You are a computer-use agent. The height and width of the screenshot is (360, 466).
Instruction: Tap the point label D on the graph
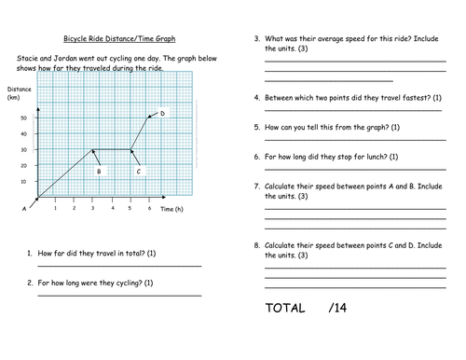click(x=162, y=114)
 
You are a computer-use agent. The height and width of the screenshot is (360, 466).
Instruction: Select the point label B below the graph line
click(x=98, y=172)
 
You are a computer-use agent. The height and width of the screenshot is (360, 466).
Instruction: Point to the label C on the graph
click(x=138, y=172)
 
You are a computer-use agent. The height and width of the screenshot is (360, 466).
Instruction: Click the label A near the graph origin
click(x=24, y=210)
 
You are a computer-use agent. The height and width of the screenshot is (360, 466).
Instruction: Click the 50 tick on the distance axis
click(x=23, y=118)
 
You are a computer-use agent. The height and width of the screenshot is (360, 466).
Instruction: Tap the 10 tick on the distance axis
click(x=23, y=182)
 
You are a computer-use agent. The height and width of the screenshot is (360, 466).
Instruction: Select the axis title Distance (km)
click(x=19, y=93)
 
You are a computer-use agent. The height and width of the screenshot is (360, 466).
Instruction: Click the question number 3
click(x=256, y=39)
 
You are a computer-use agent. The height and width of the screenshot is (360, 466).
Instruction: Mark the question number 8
click(x=256, y=245)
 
